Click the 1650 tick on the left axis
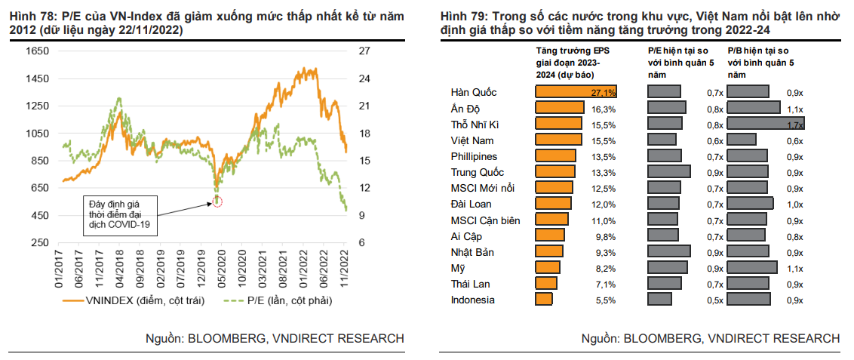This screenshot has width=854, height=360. click(37, 51)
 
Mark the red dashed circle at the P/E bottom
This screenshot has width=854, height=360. click(217, 201)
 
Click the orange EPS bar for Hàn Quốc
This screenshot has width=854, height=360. click(576, 92)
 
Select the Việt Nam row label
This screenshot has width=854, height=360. click(472, 140)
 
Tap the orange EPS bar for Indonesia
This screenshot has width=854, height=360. click(543, 300)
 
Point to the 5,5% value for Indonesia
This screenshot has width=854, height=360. click(605, 300)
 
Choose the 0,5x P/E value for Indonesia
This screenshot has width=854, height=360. click(714, 300)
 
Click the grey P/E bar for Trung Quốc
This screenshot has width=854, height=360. click(669, 172)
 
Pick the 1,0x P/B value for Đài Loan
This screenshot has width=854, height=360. click(794, 205)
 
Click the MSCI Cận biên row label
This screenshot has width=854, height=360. click(490, 220)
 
